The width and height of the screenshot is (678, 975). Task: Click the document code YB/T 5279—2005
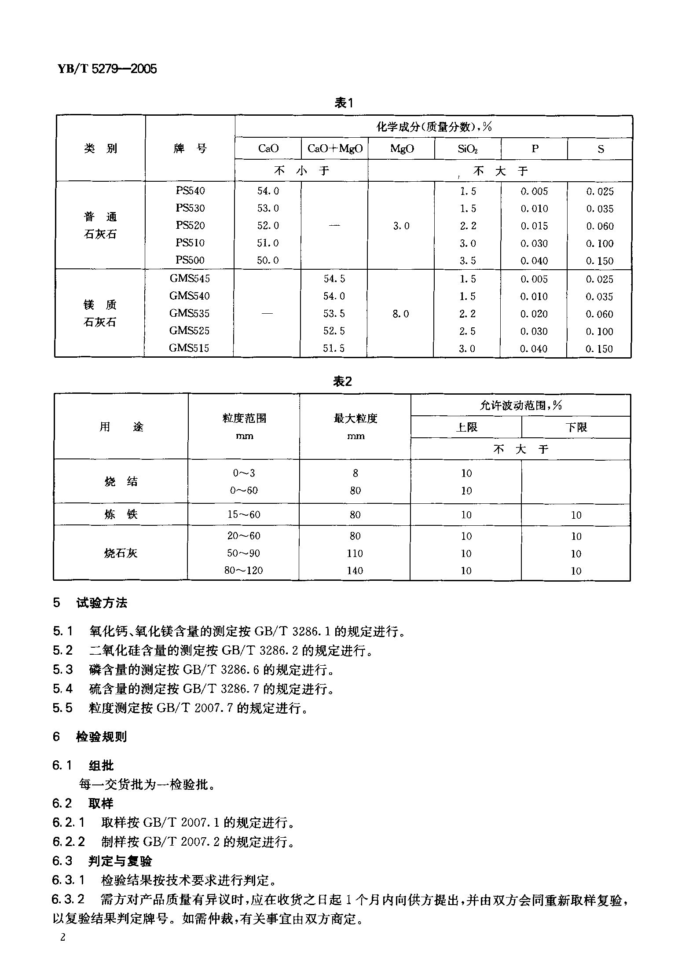(107, 69)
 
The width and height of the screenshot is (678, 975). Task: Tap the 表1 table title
(344, 103)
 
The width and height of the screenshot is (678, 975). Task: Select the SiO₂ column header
(467, 149)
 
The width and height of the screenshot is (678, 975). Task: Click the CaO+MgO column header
(335, 149)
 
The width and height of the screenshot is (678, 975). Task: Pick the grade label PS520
(190, 225)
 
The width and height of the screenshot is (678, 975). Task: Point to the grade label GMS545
(190, 279)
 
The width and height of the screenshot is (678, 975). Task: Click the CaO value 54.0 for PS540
(268, 191)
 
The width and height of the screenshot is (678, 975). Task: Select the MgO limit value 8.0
(400, 314)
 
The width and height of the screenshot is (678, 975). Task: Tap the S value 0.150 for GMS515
(599, 349)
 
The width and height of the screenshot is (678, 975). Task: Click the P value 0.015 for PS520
(534, 226)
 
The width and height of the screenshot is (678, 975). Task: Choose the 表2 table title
(343, 381)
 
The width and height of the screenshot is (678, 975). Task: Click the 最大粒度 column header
(355, 418)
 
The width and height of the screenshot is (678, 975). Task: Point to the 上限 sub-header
(466, 427)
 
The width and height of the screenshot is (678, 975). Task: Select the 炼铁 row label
(121, 514)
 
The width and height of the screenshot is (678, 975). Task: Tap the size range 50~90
(243, 553)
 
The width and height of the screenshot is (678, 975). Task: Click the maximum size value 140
(355, 571)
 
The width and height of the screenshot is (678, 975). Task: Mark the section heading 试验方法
(102, 603)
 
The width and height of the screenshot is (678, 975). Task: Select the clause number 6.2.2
(68, 842)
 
